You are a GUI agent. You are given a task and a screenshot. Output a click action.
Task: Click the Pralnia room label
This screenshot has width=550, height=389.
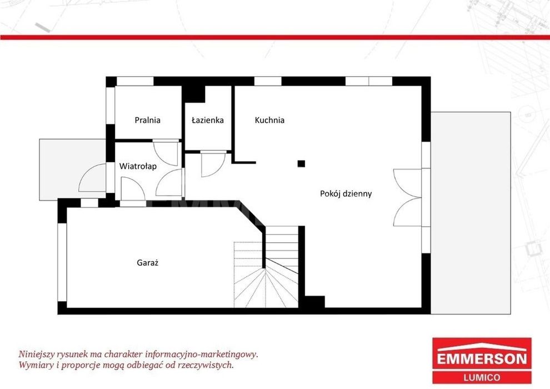[x=147, y=121]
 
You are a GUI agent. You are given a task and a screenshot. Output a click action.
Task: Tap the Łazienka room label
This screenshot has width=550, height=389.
[x=208, y=120]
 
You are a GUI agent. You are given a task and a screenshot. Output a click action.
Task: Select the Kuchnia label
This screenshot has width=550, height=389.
[x=269, y=120]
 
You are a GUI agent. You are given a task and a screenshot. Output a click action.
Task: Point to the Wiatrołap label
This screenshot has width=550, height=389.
[x=138, y=166]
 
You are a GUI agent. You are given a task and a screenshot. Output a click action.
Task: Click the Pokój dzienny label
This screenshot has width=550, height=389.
[x=346, y=193]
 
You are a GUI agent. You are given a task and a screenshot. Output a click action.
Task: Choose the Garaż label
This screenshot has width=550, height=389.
[x=148, y=262]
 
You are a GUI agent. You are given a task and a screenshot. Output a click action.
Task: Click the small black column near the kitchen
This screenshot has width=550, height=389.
[x=301, y=163]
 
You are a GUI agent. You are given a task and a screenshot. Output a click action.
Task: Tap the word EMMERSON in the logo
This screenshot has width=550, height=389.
[x=482, y=358]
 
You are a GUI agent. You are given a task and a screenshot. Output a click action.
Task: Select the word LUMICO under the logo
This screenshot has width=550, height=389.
[x=482, y=377]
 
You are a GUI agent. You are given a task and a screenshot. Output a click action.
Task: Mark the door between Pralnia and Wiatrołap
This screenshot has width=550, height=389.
[x=166, y=153]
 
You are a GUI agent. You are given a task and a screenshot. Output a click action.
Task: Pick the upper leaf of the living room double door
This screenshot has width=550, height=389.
[x=407, y=183]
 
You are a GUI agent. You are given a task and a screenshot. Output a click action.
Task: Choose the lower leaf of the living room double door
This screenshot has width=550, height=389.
[x=407, y=212]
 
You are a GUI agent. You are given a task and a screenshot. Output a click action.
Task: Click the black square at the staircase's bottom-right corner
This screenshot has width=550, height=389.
[x=314, y=302]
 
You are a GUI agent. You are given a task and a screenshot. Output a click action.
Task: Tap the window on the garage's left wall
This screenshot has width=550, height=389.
[x=62, y=262]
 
